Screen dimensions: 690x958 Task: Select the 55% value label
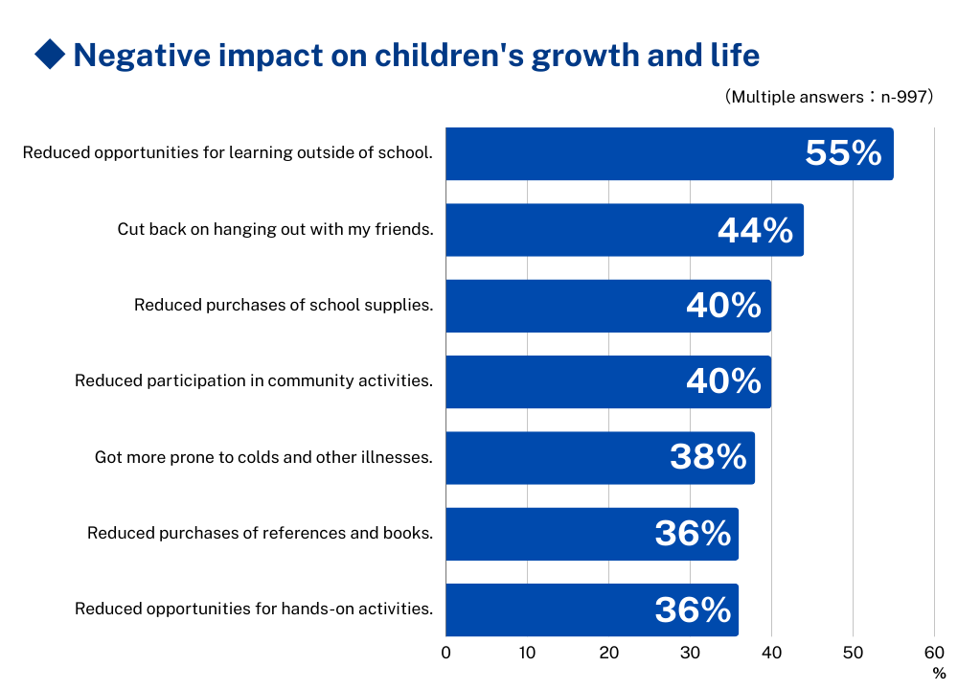[843, 153]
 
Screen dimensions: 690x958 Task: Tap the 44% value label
[755, 230]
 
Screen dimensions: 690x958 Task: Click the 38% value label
[708, 457]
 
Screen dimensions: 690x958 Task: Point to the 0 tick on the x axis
[446, 654]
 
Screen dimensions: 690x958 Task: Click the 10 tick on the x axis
[527, 654]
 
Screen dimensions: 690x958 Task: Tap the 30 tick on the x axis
[690, 654]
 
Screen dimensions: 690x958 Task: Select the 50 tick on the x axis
[853, 654]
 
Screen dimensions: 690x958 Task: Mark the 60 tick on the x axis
[934, 654]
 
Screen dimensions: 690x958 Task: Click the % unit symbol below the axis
[939, 674]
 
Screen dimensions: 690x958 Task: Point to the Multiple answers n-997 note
[829, 97]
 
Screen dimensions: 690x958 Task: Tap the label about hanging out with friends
[275, 229]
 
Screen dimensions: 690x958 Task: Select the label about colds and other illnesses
[263, 457]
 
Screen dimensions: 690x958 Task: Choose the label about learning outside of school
[227, 152]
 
